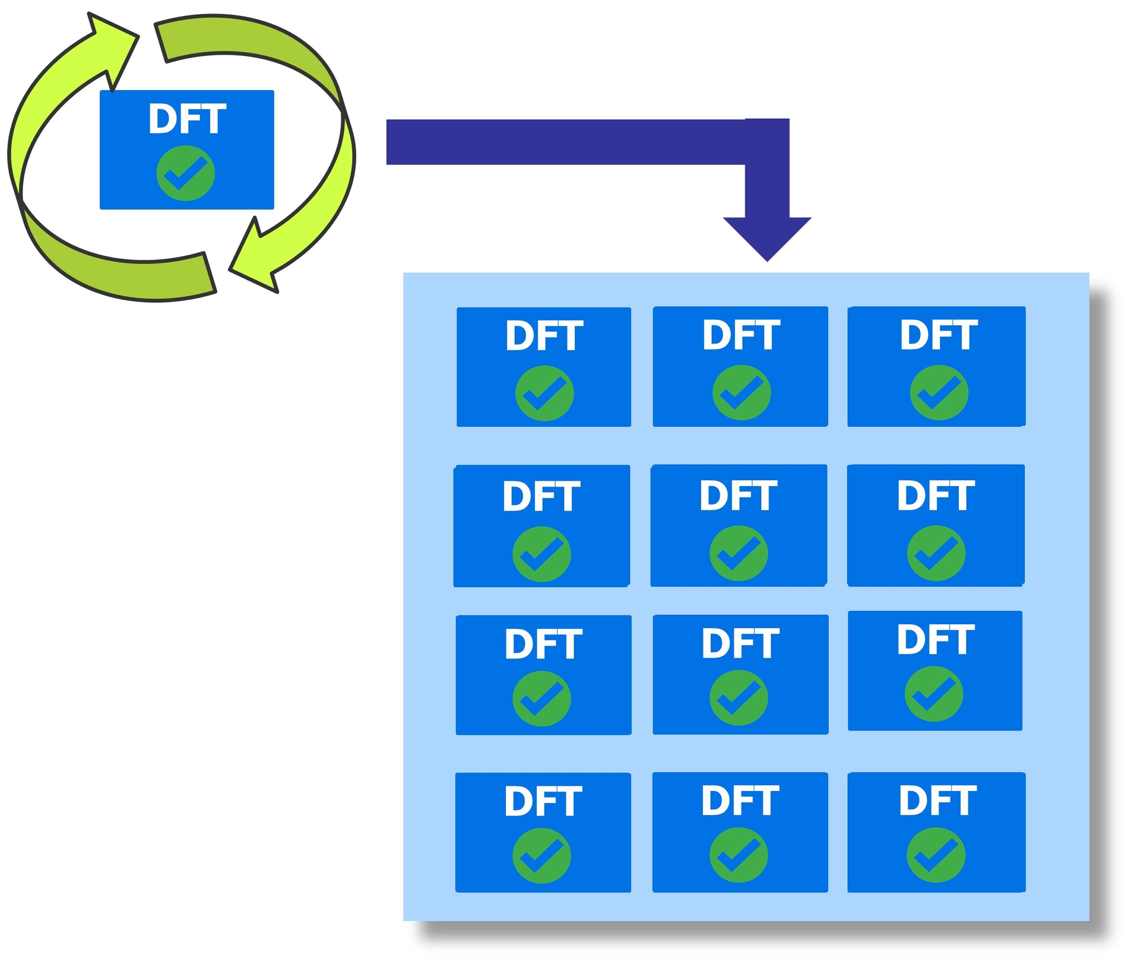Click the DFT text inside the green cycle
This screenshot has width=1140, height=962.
(x=187, y=119)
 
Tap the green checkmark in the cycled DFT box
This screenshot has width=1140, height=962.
(x=186, y=173)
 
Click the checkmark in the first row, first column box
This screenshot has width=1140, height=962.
(x=544, y=393)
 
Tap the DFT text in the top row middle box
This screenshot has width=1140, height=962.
(x=741, y=335)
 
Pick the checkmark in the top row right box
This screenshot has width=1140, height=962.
(x=939, y=392)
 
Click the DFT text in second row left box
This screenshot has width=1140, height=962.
(x=541, y=496)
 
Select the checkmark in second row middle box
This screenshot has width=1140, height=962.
(x=739, y=553)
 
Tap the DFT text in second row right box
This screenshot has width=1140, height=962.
(x=936, y=496)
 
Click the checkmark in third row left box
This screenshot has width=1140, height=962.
(x=541, y=699)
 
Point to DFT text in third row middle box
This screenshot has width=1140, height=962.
(x=740, y=643)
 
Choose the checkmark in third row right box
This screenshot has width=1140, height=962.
(x=933, y=694)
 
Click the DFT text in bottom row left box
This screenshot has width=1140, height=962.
(x=543, y=801)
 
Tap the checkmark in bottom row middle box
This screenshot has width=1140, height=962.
(x=739, y=855)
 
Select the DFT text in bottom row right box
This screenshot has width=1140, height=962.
(x=938, y=801)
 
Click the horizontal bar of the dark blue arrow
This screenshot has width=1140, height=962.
(x=564, y=142)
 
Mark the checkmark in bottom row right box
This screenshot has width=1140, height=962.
(x=936, y=855)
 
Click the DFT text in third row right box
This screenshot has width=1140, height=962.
(x=935, y=640)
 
